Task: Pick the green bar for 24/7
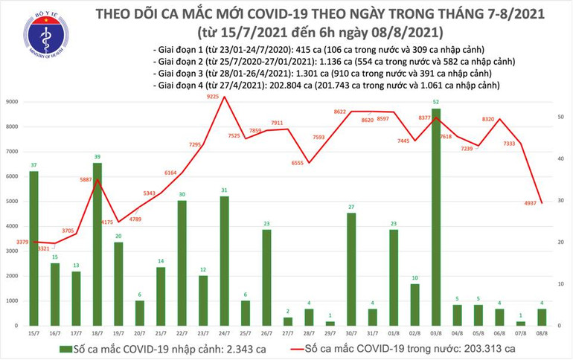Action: (x=224, y=261)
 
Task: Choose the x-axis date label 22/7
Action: (x=181, y=334)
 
